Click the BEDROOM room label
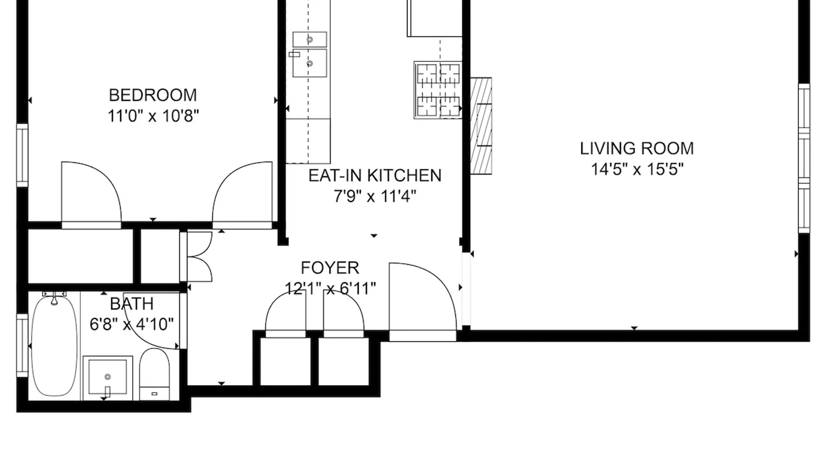pos(153,95)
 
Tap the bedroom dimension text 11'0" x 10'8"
pos(153,116)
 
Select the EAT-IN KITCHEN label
pos(375,175)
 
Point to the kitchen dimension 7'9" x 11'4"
pos(375,196)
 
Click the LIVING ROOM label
pos(637,148)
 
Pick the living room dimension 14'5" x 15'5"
pos(637,169)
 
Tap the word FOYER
pos(330,268)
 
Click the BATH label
pos(132,304)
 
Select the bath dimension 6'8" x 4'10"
pos(132,325)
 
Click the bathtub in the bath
pos(54,345)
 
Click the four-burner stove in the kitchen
pos(438,90)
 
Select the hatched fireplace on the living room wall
pos(481,126)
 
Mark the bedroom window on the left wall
pos(22,155)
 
